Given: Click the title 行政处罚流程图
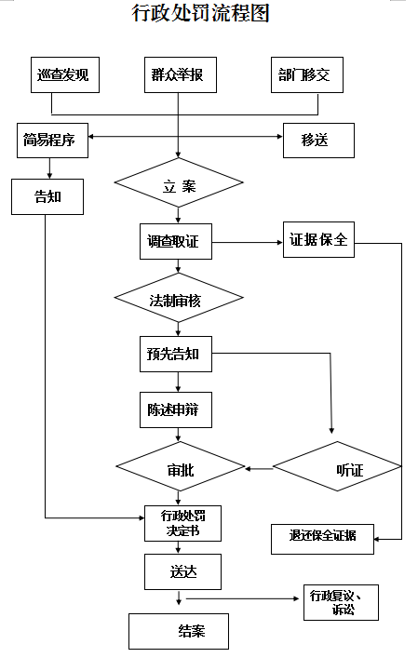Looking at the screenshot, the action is pos(200,13).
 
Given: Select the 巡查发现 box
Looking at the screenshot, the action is pos(65,74).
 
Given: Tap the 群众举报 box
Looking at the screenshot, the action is pos(181,74).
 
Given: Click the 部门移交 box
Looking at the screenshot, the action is pos(307,74).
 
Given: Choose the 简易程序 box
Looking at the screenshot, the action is pos(53,141).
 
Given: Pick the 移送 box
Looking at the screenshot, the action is pos(318,141).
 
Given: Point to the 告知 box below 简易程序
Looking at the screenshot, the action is pos(47,197).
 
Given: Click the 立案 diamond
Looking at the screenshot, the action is pos(179,182).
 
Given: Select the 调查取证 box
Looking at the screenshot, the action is pos(176,241).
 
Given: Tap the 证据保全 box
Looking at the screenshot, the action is pos(318,240).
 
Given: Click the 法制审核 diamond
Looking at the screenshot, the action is pos(179,298).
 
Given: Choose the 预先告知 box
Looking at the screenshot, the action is pos(176,354).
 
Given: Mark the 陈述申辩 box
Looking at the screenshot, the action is pos(176,410).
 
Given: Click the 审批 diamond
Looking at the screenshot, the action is pos(181,466).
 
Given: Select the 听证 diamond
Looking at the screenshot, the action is pos(338,466).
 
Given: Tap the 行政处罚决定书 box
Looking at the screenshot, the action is pos(182,523).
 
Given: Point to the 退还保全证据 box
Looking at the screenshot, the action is pos(322,539).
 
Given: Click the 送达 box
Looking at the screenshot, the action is pos(182,572).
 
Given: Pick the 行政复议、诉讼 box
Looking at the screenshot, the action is pos(342,602).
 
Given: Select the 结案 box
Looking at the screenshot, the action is pos(179,632).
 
